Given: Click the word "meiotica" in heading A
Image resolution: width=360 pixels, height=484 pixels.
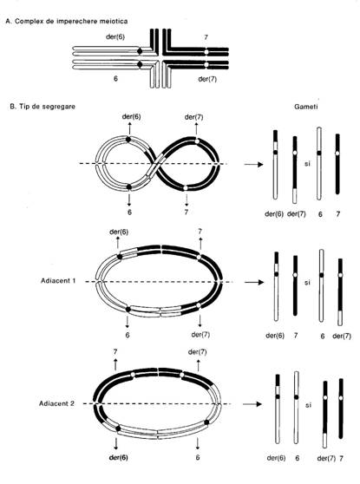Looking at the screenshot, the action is [x=114, y=22].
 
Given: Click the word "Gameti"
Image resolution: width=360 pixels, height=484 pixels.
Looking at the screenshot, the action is [x=305, y=107].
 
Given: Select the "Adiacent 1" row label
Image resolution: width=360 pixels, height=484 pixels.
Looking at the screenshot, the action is [x=58, y=281].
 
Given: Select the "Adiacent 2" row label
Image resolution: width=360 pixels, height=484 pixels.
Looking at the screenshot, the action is [x=56, y=403].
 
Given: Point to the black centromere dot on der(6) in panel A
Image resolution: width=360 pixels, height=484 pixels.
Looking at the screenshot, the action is [x=140, y=51].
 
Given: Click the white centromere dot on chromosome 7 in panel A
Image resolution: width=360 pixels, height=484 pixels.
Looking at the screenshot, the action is [x=206, y=51].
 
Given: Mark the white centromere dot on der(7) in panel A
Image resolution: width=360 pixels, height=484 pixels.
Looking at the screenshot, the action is [x=206, y=65].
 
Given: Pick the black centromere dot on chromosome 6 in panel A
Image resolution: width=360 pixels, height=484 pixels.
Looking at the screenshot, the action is [x=140, y=64].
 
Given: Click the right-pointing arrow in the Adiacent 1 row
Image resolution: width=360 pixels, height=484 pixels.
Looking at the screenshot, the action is [x=254, y=282].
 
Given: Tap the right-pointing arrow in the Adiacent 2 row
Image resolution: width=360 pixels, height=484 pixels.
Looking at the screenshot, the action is [x=252, y=404].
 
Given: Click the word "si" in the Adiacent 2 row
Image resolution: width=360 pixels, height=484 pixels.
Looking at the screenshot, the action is [x=308, y=405].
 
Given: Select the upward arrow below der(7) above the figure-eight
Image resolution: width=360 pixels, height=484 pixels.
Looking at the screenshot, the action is [x=196, y=128].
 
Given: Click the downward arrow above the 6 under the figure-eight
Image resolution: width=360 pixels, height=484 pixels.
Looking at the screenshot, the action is [x=129, y=199].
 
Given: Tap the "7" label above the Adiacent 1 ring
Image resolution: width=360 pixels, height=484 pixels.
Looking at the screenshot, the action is [x=200, y=231].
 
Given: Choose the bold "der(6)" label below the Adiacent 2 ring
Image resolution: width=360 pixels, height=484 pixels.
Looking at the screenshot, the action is [x=119, y=457].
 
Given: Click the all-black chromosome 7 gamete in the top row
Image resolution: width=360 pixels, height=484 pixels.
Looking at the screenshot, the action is [x=337, y=164].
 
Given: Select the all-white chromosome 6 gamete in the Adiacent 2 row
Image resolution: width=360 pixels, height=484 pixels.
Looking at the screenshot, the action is [x=297, y=408].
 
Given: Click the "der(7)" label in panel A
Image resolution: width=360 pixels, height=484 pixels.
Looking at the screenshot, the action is [x=207, y=79].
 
